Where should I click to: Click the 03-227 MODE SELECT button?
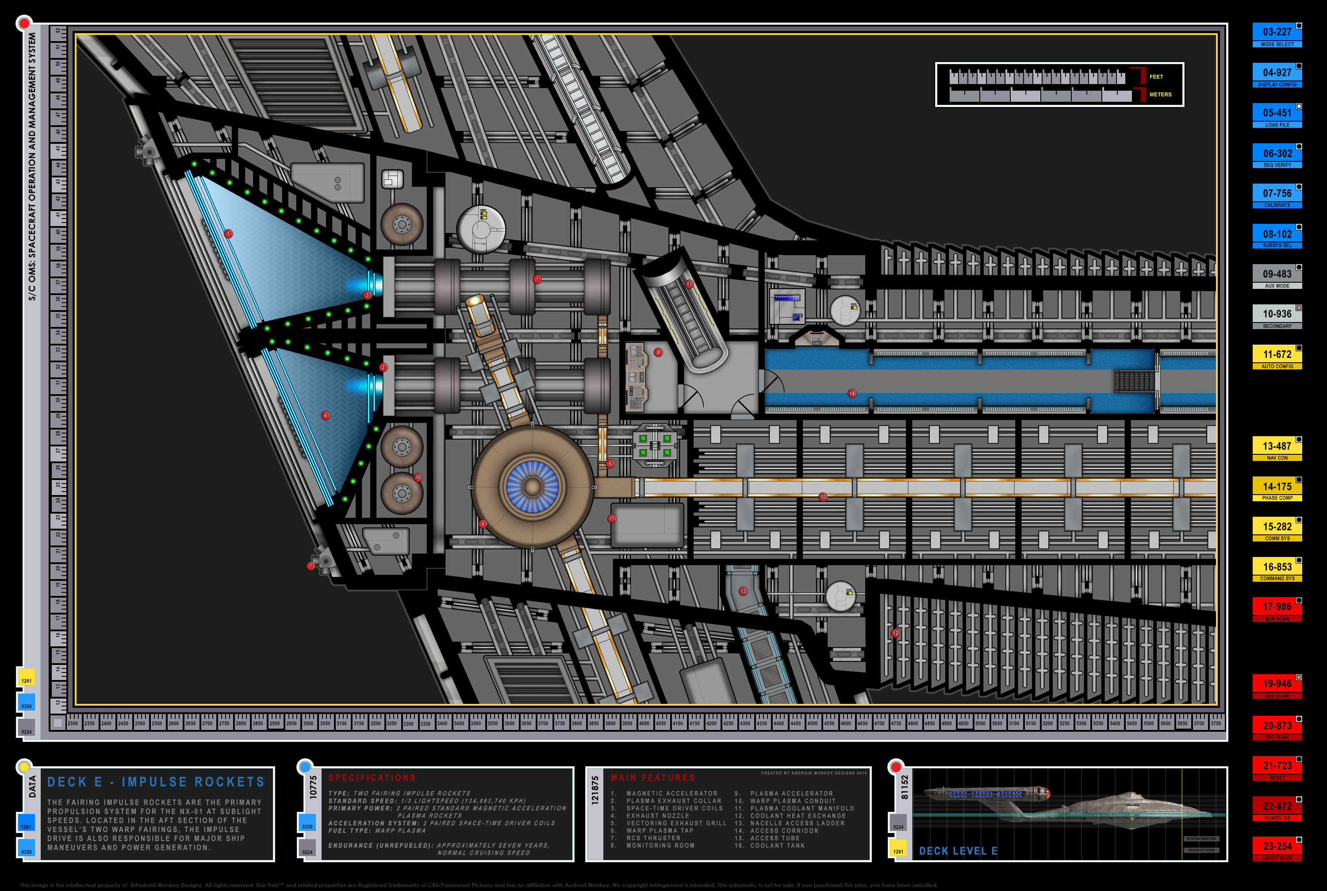(1277, 34)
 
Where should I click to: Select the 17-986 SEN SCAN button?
(1277, 609)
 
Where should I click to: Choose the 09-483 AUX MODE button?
(1277, 276)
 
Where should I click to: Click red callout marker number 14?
(851, 393)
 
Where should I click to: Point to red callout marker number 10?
(823, 497)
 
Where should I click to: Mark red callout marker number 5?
(228, 234)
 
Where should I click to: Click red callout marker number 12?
(895, 633)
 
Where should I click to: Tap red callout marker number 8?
(658, 352)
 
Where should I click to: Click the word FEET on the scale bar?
(1156, 77)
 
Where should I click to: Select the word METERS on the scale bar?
(1160, 94)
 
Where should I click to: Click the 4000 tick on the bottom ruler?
(644, 723)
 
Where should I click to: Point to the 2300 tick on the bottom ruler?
(73, 723)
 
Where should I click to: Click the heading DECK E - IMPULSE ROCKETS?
(156, 782)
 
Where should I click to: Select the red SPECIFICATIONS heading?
(372, 778)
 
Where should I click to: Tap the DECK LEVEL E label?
(958, 851)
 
